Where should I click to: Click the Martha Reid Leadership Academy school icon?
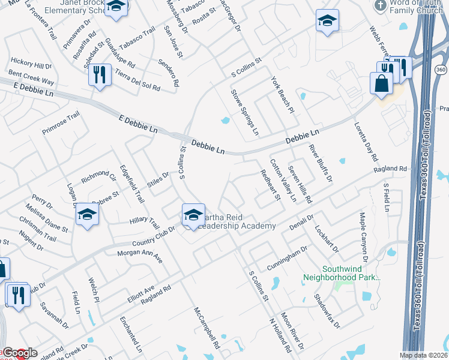pyautogui.click(x=193, y=214)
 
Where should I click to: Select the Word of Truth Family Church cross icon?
pyautogui.click(x=380, y=6)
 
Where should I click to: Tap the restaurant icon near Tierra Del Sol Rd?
pyautogui.click(x=100, y=75)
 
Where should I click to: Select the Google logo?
pyautogui.click(x=19, y=353)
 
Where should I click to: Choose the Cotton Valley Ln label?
pyautogui.click(x=283, y=179)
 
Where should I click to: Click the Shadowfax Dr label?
pyautogui.click(x=327, y=311)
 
